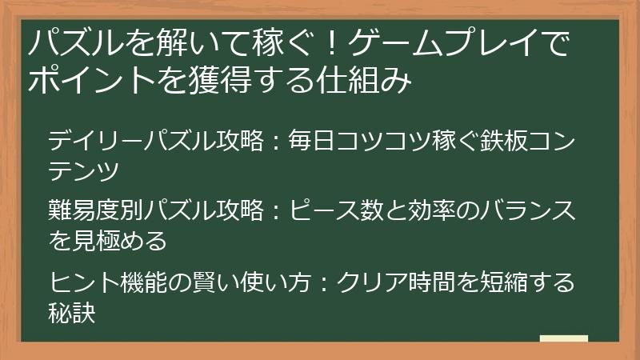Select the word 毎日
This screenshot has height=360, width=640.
(310, 142)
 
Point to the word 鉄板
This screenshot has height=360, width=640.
(503, 142)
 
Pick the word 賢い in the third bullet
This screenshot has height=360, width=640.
(201, 282)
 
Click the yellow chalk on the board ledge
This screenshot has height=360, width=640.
(563, 338)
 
